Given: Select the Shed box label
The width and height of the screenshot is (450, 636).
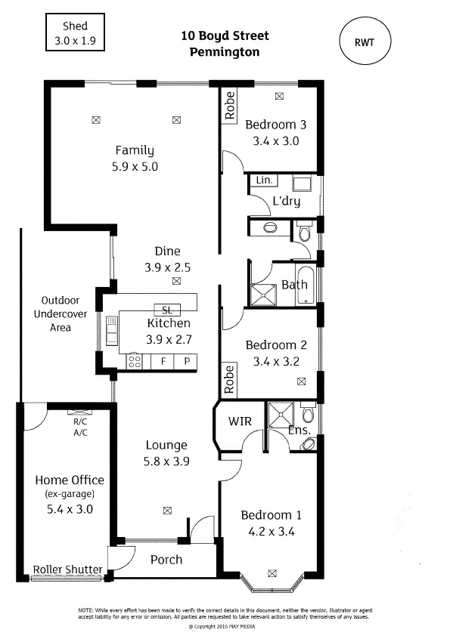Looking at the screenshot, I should (x=75, y=32).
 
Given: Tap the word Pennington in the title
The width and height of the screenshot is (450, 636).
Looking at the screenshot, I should (x=225, y=52).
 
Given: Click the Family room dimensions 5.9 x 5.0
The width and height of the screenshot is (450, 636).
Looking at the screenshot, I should (x=134, y=167).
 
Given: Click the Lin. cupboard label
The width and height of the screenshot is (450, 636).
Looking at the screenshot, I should (x=264, y=181).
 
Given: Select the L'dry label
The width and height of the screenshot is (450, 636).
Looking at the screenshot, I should (x=286, y=201).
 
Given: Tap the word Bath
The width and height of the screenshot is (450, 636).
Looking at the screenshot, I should (x=294, y=285).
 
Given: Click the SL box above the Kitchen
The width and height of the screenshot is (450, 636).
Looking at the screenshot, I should (x=166, y=310).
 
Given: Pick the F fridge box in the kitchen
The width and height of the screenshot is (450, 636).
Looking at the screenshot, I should (x=163, y=362).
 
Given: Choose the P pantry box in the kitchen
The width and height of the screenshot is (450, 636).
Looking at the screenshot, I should (x=186, y=362).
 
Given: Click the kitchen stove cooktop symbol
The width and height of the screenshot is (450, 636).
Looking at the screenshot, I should (x=135, y=361).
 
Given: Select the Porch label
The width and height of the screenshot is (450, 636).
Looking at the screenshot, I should (x=166, y=560).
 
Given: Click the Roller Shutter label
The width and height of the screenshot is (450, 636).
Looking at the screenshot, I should (x=68, y=570).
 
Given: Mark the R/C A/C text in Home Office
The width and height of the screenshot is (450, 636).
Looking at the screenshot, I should (x=80, y=428).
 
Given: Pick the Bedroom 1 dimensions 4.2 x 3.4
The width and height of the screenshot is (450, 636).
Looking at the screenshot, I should (x=271, y=531).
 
